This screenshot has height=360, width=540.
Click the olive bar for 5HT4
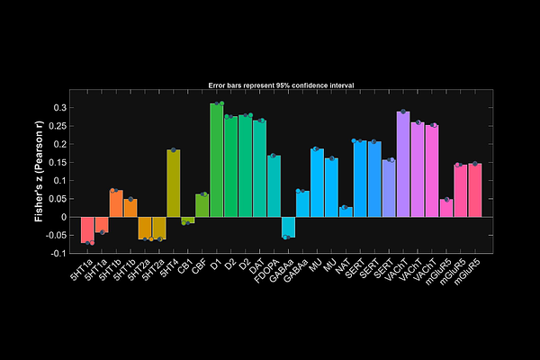(x=174, y=184)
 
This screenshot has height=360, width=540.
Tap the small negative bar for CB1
(x=188, y=220)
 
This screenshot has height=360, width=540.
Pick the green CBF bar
(x=202, y=205)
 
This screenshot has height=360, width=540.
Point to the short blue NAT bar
(x=346, y=211)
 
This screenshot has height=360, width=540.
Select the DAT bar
(x=260, y=168)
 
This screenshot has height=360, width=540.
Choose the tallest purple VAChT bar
(x=404, y=164)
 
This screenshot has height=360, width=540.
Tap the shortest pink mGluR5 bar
(x=447, y=208)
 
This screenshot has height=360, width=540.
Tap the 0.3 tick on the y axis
(x=59, y=107)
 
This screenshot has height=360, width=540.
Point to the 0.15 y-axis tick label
(x=58, y=162)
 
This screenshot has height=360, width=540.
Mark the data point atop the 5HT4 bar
(x=174, y=150)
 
